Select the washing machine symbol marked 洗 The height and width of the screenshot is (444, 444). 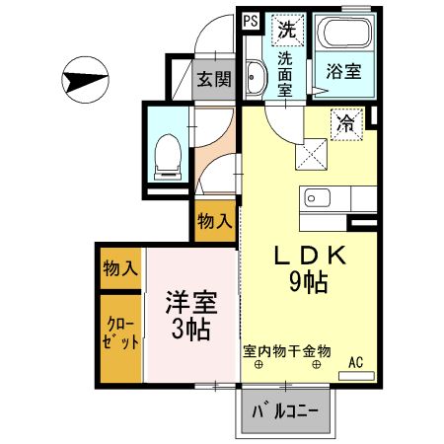(287, 30)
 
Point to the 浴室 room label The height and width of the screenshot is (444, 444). (342, 71)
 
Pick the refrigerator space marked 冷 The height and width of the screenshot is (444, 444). (345, 123)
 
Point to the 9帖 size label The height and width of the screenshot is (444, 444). (308, 282)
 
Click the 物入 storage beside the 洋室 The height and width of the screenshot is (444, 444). (120, 268)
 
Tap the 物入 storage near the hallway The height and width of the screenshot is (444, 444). (215, 220)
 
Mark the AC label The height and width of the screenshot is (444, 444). (356, 361)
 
